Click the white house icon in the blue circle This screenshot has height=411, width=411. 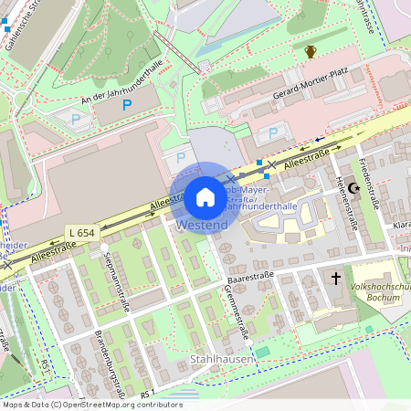pos(205,196)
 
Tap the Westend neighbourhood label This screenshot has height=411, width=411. pos(202,225)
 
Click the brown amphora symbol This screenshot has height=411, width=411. pos(311,51)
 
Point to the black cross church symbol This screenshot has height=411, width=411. pos(335,278)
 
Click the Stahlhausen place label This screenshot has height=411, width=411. pos(222,361)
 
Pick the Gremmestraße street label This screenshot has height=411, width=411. pos(236,311)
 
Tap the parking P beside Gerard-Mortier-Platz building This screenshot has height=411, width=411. pos(272,133)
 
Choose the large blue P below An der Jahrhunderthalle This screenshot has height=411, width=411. pos(127,106)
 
